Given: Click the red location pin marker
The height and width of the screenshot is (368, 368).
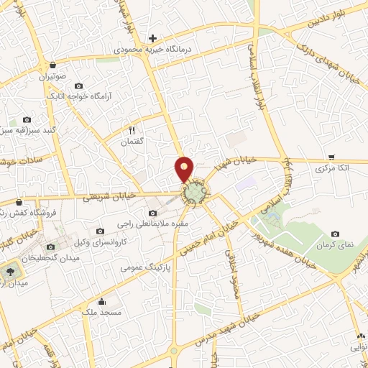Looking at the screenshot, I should (185, 169).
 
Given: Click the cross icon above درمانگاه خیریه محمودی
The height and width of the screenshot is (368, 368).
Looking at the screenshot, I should (152, 38).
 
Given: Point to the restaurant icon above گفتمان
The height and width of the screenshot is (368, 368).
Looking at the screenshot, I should (132, 130).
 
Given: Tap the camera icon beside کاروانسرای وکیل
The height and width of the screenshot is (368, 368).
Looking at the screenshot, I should (101, 231).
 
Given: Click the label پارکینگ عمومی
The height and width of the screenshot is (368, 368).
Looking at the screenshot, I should (142, 268).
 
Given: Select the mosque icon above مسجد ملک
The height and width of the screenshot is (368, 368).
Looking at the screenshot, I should (101, 301).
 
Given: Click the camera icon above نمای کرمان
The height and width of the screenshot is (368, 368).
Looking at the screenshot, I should (336, 234).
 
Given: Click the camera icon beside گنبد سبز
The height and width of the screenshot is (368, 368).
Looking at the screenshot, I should (27, 119).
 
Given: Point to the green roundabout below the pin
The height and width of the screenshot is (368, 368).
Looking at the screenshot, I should (194, 193).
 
